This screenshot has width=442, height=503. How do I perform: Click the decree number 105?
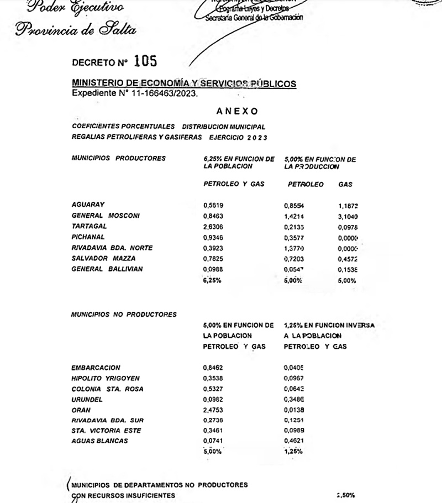pos(145,61)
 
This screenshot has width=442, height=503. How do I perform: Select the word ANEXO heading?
pos(237,111)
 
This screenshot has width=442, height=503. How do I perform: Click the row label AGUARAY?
pos(88,205)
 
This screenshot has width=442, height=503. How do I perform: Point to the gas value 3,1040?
pos(348,216)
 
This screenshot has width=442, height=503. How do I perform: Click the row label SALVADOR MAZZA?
pos(103,258)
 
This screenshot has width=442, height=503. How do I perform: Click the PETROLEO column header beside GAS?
pos(306,185)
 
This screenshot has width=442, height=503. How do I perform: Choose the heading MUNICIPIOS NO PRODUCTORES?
pos(124,315)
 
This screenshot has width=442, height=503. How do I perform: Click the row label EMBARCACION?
pos(96,368)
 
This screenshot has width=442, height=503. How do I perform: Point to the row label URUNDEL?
pos(87,400)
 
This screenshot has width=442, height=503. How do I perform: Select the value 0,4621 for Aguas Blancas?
pos(294,441)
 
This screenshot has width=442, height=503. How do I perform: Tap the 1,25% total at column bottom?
pos(293,452)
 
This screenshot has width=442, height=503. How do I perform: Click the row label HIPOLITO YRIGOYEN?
pos(106,378)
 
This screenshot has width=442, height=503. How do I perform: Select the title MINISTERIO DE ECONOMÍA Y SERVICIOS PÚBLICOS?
pos(184,83)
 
